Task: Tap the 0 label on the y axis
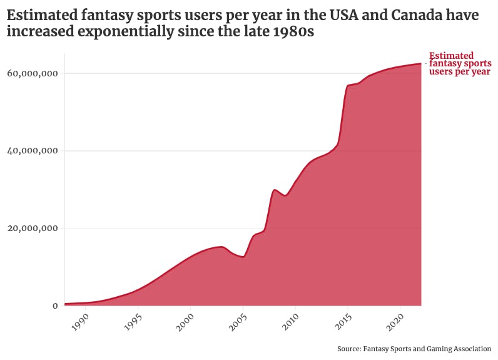(55, 306)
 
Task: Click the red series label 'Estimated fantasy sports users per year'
(460, 64)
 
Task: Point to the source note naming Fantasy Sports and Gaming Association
(414, 349)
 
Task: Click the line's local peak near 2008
(275, 190)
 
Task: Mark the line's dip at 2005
(243, 257)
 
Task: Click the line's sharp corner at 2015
(348, 86)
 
